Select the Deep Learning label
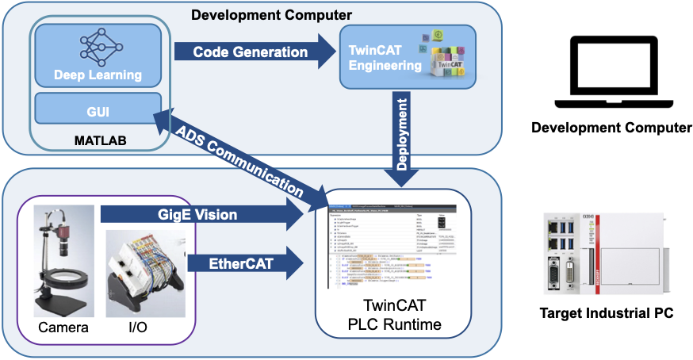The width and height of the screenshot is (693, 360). click(98, 75)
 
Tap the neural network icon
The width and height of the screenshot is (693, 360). click(97, 46)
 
